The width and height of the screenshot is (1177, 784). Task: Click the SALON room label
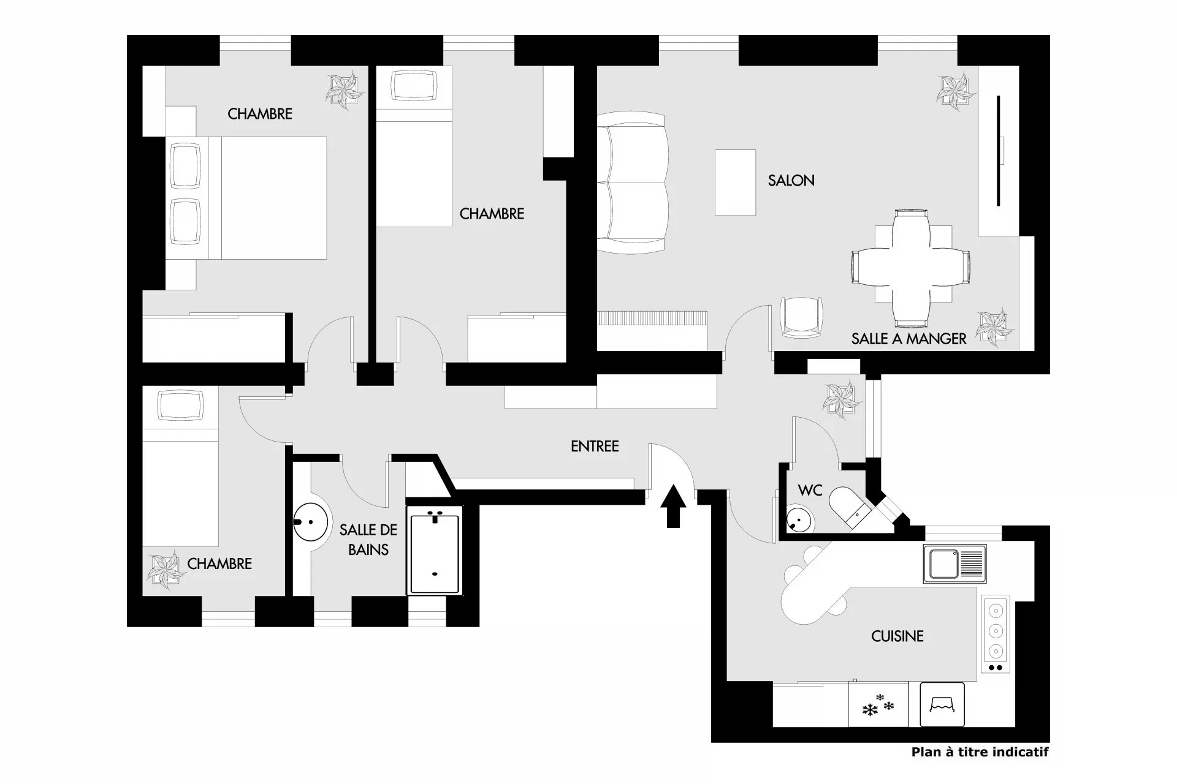pyautogui.click(x=791, y=181)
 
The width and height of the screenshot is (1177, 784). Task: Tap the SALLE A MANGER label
pyautogui.click(x=908, y=339)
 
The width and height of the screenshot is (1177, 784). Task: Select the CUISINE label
pyautogui.click(x=897, y=636)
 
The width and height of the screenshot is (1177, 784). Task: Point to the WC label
pyautogui.click(x=810, y=491)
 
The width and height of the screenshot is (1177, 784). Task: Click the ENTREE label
pyautogui.click(x=595, y=447)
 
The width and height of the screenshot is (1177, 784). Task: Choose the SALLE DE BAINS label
pyautogui.click(x=368, y=540)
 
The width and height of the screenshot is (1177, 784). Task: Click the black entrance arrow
pyautogui.click(x=673, y=506)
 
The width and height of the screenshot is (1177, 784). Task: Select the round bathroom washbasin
pyautogui.click(x=311, y=522)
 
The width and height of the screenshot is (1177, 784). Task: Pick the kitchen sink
pyautogui.click(x=954, y=563)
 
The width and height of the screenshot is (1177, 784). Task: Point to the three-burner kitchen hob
pyautogui.click(x=996, y=634)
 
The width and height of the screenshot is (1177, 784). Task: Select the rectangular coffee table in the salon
pyautogui.click(x=735, y=182)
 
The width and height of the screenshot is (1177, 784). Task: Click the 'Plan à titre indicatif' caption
pyautogui.click(x=980, y=752)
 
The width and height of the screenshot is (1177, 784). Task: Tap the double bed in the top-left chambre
pyautogui.click(x=246, y=197)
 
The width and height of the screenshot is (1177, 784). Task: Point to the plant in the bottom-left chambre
pyautogui.click(x=166, y=570)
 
